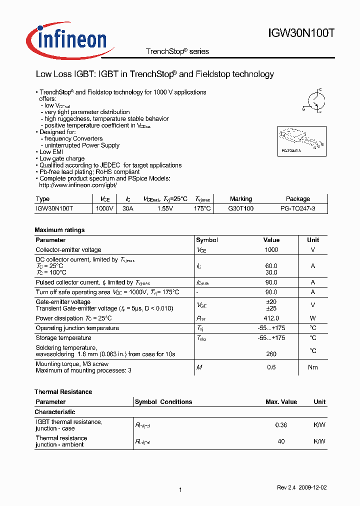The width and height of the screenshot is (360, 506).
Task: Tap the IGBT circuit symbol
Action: (x=313, y=100)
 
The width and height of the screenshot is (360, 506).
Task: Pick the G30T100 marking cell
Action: (x=240, y=208)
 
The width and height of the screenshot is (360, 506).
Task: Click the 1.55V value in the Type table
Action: (x=165, y=208)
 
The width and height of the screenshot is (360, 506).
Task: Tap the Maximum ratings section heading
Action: (x=59, y=230)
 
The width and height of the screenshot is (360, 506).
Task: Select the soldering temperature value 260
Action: (x=271, y=354)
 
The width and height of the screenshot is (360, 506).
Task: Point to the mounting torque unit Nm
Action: (x=312, y=367)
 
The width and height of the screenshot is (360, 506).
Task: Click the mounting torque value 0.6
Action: (x=271, y=367)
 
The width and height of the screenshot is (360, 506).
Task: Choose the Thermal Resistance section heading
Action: (x=63, y=392)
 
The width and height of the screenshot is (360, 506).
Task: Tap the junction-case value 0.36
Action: (x=281, y=425)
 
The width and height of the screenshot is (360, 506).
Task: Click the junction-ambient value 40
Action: (x=281, y=441)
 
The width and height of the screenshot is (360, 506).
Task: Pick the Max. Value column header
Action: (x=281, y=402)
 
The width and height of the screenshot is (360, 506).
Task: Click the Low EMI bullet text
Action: (x=52, y=152)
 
